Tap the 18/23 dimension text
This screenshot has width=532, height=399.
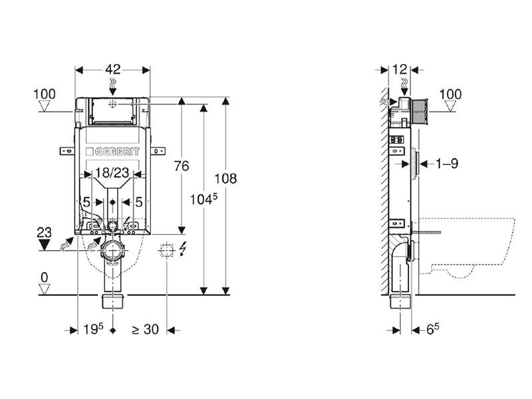(x=110, y=174)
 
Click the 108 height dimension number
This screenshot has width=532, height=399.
(x=227, y=178)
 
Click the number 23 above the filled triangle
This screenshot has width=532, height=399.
(x=45, y=233)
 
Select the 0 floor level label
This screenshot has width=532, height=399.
(x=45, y=275)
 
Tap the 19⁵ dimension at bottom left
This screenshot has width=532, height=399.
(x=94, y=329)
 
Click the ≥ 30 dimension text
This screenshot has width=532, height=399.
(x=144, y=329)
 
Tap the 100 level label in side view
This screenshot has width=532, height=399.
(x=450, y=94)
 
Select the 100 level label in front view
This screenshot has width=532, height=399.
(x=45, y=94)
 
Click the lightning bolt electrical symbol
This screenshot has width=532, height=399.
(x=182, y=250)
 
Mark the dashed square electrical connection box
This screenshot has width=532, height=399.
(x=166, y=251)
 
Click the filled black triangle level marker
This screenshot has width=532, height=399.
(x=45, y=245)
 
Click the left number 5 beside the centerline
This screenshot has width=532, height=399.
(x=86, y=201)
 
